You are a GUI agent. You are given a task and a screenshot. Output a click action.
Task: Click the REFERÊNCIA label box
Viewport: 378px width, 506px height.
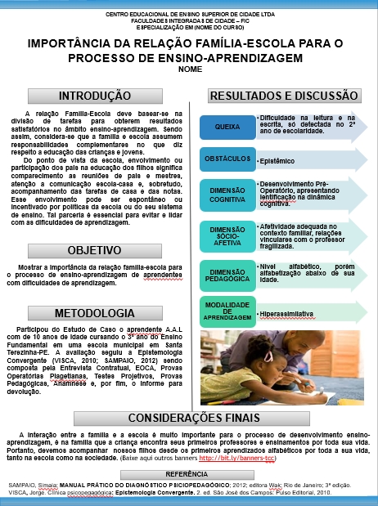tap(189, 473)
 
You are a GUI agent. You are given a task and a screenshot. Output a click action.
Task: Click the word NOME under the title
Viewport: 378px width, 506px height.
tap(189, 69)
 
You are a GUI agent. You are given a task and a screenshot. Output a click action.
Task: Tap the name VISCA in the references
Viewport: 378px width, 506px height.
tap(18, 494)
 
